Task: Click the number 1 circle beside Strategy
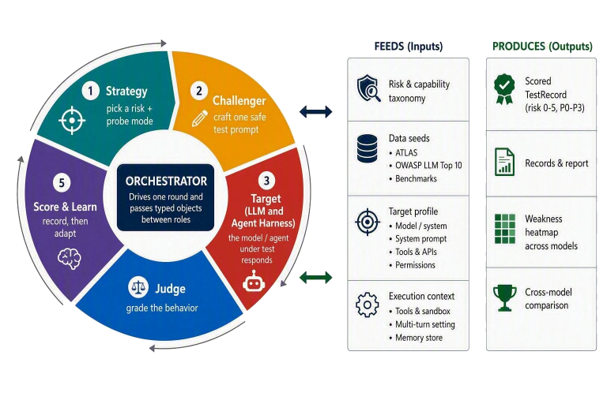91,91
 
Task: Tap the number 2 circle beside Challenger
199,91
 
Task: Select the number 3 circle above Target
266,181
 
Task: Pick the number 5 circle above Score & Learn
62,182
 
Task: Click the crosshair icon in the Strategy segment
72,121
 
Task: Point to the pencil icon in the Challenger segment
200,118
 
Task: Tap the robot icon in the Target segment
254,281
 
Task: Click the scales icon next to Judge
138,287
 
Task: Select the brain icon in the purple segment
70,258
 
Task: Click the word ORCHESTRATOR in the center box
166,181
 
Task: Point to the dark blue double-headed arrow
316,112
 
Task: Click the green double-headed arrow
316,277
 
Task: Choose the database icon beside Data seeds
367,148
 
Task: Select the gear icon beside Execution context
367,305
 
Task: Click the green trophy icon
505,297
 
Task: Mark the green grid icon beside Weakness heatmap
505,229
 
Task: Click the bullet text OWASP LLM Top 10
428,166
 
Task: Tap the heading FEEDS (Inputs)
409,47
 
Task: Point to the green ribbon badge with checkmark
504,89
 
